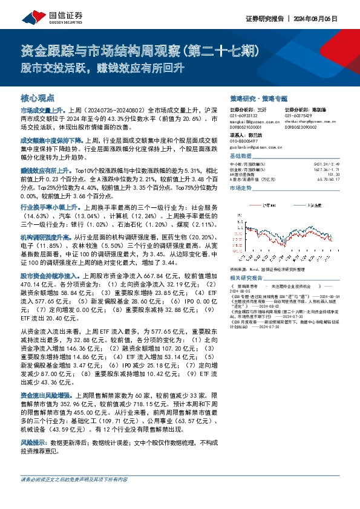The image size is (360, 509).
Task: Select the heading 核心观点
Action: pos(38,97)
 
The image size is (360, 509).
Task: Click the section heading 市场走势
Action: pos(241,189)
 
